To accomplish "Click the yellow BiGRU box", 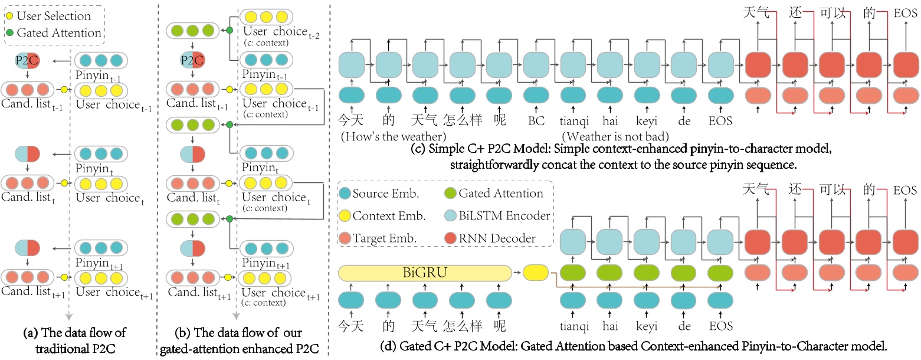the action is pyautogui.click(x=425, y=273).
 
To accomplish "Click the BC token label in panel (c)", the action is pyautogui.click(x=536, y=121).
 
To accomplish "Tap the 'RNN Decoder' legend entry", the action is pyautogui.click(x=490, y=238).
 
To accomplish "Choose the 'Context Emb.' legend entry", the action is pyautogui.click(x=382, y=215).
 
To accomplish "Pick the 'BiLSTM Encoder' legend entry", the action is pyautogui.click(x=497, y=215).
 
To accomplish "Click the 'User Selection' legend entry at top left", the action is pyautogui.click(x=48, y=16).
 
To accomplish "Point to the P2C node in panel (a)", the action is pyautogui.click(x=27, y=61).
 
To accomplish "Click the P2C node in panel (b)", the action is pyautogui.click(x=192, y=60).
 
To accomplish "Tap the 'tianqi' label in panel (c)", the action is pyautogui.click(x=574, y=122).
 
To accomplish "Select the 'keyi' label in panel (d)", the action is pyautogui.click(x=647, y=326).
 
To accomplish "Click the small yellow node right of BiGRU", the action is pyautogui.click(x=535, y=273).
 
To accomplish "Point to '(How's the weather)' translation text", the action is pyautogui.click(x=394, y=136).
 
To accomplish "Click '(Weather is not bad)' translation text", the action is pyautogui.click(x=615, y=136).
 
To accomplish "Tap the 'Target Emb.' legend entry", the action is pyautogui.click(x=378, y=238).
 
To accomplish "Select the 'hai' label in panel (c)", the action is pyautogui.click(x=610, y=121).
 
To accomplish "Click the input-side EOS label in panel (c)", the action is pyautogui.click(x=720, y=121).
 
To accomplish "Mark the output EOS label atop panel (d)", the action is pyautogui.click(x=905, y=190).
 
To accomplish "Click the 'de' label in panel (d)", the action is pyautogui.click(x=684, y=326).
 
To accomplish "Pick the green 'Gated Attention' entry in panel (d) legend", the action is pyautogui.click(x=494, y=194).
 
